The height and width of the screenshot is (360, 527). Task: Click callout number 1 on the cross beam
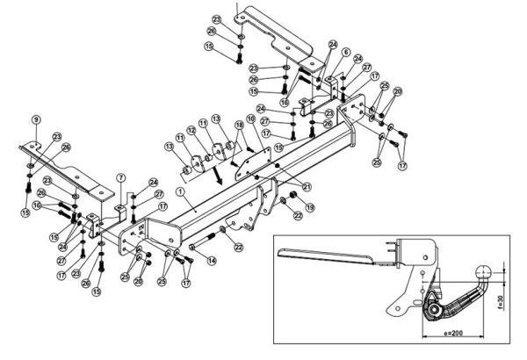(x=179, y=191)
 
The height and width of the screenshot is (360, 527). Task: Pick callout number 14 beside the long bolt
(x=212, y=261)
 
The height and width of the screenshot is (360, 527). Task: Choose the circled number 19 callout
(x=309, y=208)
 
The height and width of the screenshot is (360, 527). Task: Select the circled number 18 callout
(x=240, y=126)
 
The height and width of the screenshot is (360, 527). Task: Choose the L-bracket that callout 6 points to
(x=336, y=85)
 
